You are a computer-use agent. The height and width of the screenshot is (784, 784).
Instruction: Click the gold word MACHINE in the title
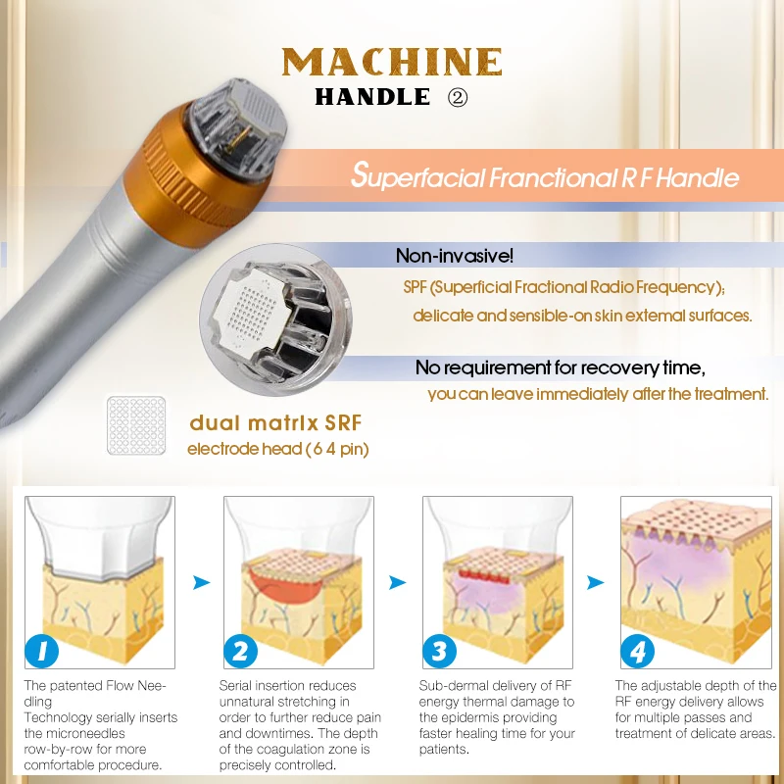(x=392, y=62)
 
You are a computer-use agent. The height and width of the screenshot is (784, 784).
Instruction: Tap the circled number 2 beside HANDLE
(x=458, y=97)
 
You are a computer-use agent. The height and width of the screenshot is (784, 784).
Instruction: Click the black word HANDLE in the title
(x=372, y=97)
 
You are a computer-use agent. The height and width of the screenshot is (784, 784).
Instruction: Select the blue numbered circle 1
(x=41, y=651)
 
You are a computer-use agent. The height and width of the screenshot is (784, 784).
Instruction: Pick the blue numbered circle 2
(x=240, y=651)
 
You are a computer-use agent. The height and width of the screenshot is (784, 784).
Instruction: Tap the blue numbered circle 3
(x=439, y=651)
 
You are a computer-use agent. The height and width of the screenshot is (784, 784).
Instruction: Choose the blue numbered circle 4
(x=638, y=651)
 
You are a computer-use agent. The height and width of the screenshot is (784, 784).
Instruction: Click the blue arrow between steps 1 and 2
(x=201, y=582)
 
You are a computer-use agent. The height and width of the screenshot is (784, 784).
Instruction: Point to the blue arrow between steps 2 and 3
(x=398, y=582)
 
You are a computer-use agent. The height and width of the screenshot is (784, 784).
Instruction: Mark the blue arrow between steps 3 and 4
(x=595, y=582)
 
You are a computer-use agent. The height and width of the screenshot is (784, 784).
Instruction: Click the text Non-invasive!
(x=455, y=256)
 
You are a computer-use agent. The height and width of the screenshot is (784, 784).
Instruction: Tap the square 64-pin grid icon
(x=136, y=425)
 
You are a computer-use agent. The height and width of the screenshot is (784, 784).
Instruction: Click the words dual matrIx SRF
(x=275, y=423)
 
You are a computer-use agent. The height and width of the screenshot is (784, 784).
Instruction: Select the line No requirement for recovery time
(x=561, y=368)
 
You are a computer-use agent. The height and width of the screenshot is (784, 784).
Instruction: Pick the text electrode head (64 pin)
(x=278, y=449)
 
